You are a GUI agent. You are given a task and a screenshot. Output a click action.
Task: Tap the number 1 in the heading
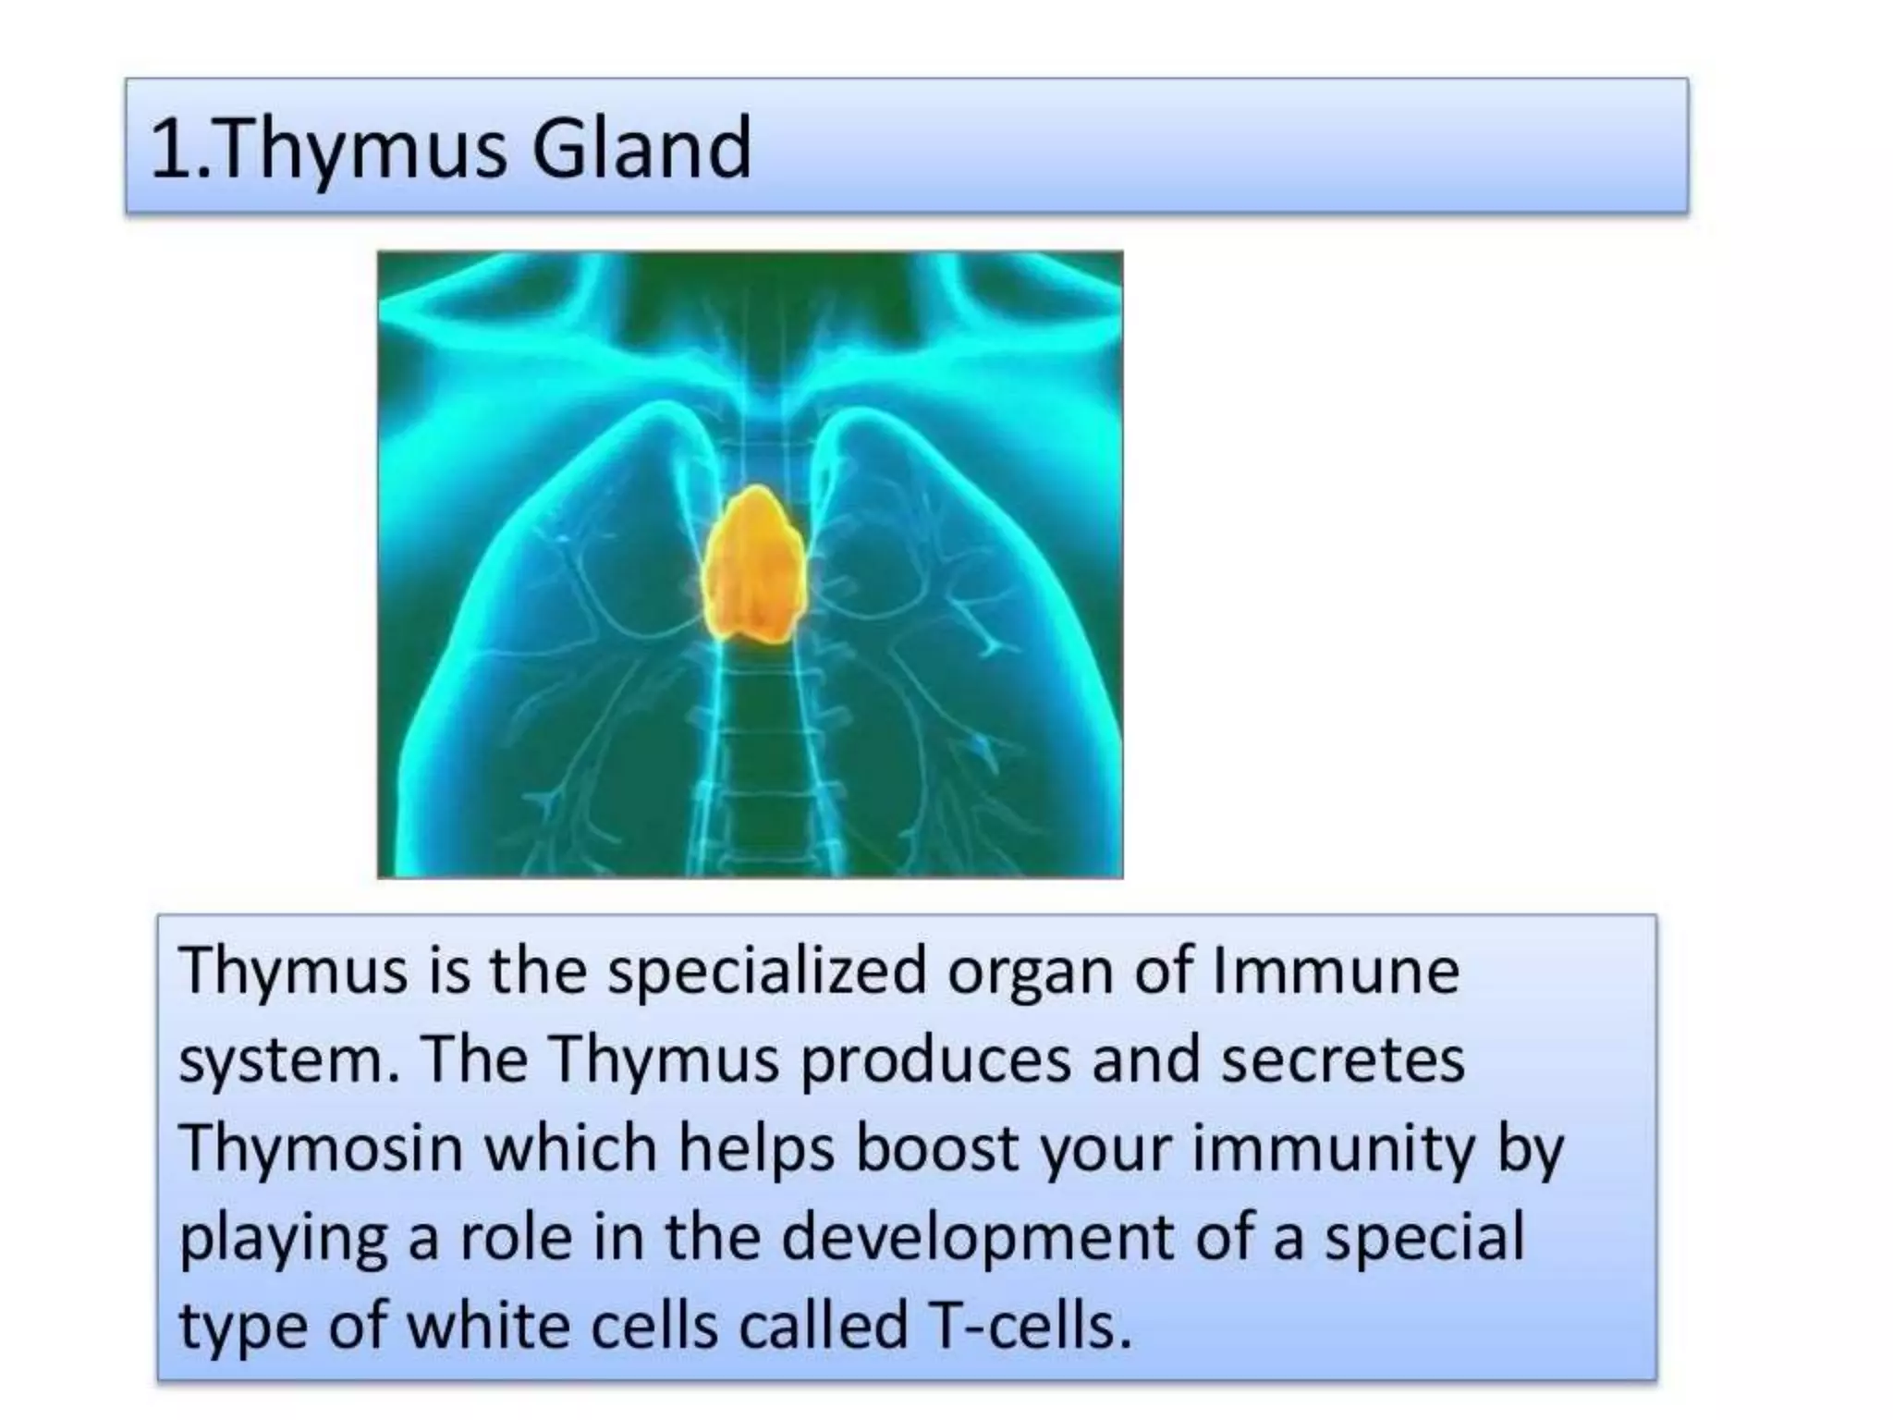[169, 150]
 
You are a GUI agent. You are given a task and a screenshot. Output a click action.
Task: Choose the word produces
[936, 1061]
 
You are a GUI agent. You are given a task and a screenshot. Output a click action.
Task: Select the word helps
[757, 1149]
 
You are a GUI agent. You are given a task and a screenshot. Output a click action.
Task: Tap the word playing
[283, 1239]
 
